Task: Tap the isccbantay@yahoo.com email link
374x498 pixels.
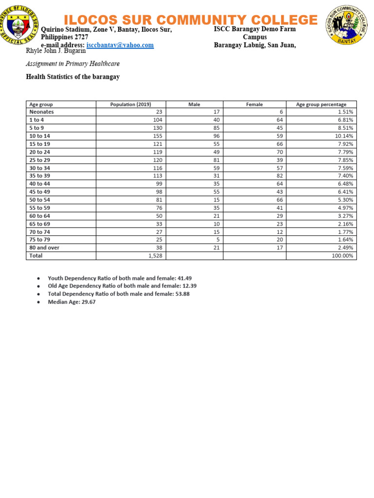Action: point(120,45)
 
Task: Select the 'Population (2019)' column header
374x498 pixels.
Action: point(131,105)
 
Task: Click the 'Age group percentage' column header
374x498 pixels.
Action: point(321,105)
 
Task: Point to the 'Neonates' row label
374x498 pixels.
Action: point(41,112)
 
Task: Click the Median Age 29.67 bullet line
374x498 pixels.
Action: point(68,302)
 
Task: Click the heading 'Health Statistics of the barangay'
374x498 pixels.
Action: point(73,77)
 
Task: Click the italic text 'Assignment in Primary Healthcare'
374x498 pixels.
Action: point(73,64)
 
